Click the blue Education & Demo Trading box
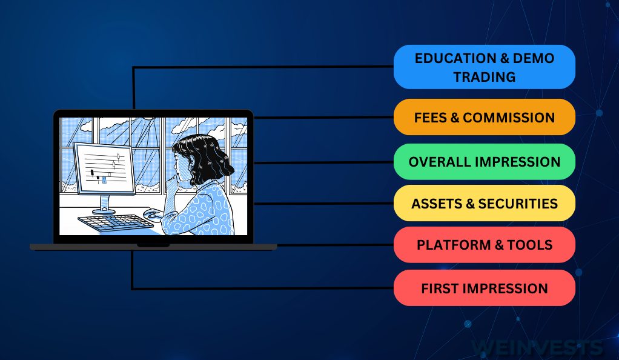(x=485, y=67)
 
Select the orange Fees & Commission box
(x=485, y=117)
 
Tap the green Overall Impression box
(x=485, y=162)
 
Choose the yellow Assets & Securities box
(x=485, y=203)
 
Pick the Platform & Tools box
(x=485, y=245)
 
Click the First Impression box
(x=485, y=288)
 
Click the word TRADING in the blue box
(x=485, y=76)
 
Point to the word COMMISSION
(x=509, y=118)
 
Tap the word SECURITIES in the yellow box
(x=518, y=204)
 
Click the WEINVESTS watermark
(x=537, y=347)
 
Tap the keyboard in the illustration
(x=115, y=222)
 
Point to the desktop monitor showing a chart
(x=104, y=168)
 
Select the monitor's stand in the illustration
(x=105, y=205)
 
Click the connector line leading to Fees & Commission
(x=323, y=118)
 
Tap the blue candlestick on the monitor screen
(x=104, y=180)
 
